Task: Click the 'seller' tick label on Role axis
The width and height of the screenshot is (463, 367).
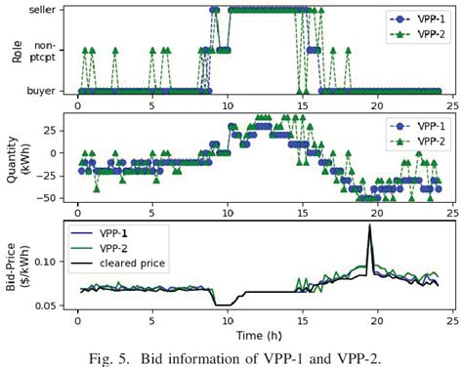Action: point(40,9)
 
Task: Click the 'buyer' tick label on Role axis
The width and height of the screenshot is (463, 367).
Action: point(40,92)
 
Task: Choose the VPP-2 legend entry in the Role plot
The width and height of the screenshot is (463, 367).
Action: point(410,35)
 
